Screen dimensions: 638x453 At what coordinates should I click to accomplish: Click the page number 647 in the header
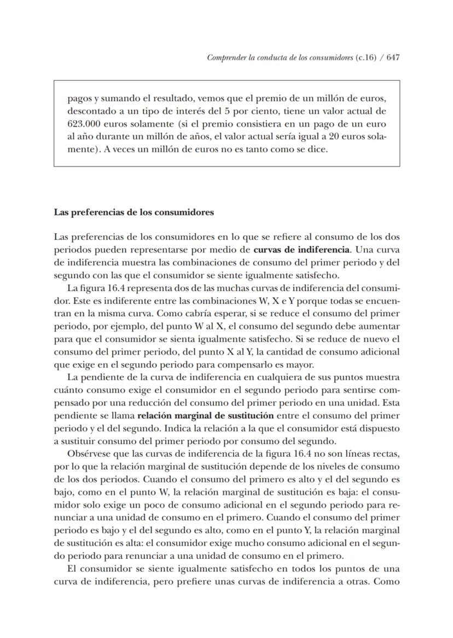(x=392, y=57)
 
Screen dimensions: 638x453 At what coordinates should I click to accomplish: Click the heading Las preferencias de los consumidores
(x=133, y=212)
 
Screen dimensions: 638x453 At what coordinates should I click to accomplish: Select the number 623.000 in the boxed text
(x=84, y=124)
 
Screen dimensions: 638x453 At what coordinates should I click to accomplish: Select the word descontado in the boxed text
(x=90, y=111)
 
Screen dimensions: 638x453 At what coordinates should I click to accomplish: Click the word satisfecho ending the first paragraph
(x=318, y=275)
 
